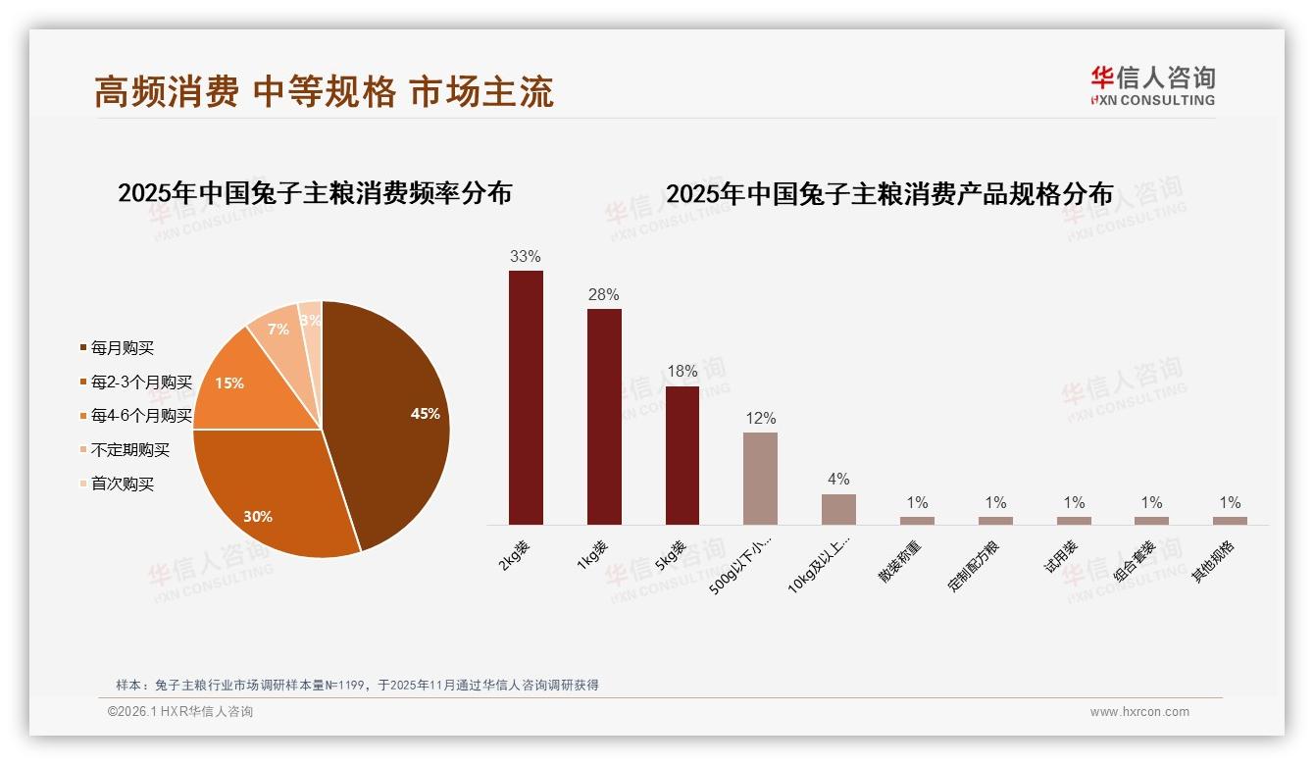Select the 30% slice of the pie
[275, 500]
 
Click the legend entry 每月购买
[122, 348]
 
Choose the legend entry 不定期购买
[129, 450]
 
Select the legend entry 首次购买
[122, 484]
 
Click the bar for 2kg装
[526, 397]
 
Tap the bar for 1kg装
[604, 417]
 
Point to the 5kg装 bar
[682, 455]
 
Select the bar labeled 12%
[760, 479]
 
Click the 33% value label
[525, 257]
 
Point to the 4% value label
[838, 480]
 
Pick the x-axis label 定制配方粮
[975, 567]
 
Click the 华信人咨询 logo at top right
[1152, 85]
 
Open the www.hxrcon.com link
[1139, 712]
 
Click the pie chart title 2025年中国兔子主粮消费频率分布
[315, 193]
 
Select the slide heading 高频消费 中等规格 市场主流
[324, 91]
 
